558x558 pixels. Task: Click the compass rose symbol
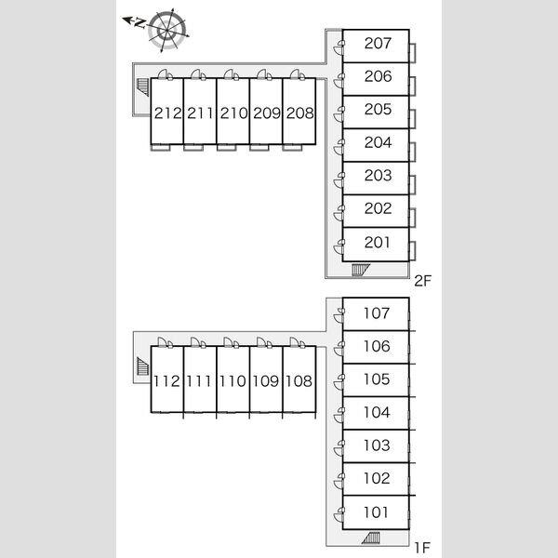coord(166,30)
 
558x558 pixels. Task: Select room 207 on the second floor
coord(376,46)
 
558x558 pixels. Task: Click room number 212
coord(167,113)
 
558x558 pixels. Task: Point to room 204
coord(376,145)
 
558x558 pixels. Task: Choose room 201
coord(376,245)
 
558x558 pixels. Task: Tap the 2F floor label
coord(422,281)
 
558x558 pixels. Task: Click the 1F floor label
coord(422,548)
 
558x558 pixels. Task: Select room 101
coord(376,512)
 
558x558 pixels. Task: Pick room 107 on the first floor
coord(376,314)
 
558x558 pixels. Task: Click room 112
coord(166,379)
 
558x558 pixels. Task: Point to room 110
coord(233,379)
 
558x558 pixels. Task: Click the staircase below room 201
coord(361,270)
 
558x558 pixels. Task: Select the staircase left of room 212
coord(143,86)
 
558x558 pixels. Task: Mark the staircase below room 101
coord(371,538)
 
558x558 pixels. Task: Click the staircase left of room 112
coord(142,366)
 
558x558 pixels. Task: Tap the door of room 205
coord(339,114)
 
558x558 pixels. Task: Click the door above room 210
coord(232,74)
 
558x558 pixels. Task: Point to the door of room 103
coord(339,448)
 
